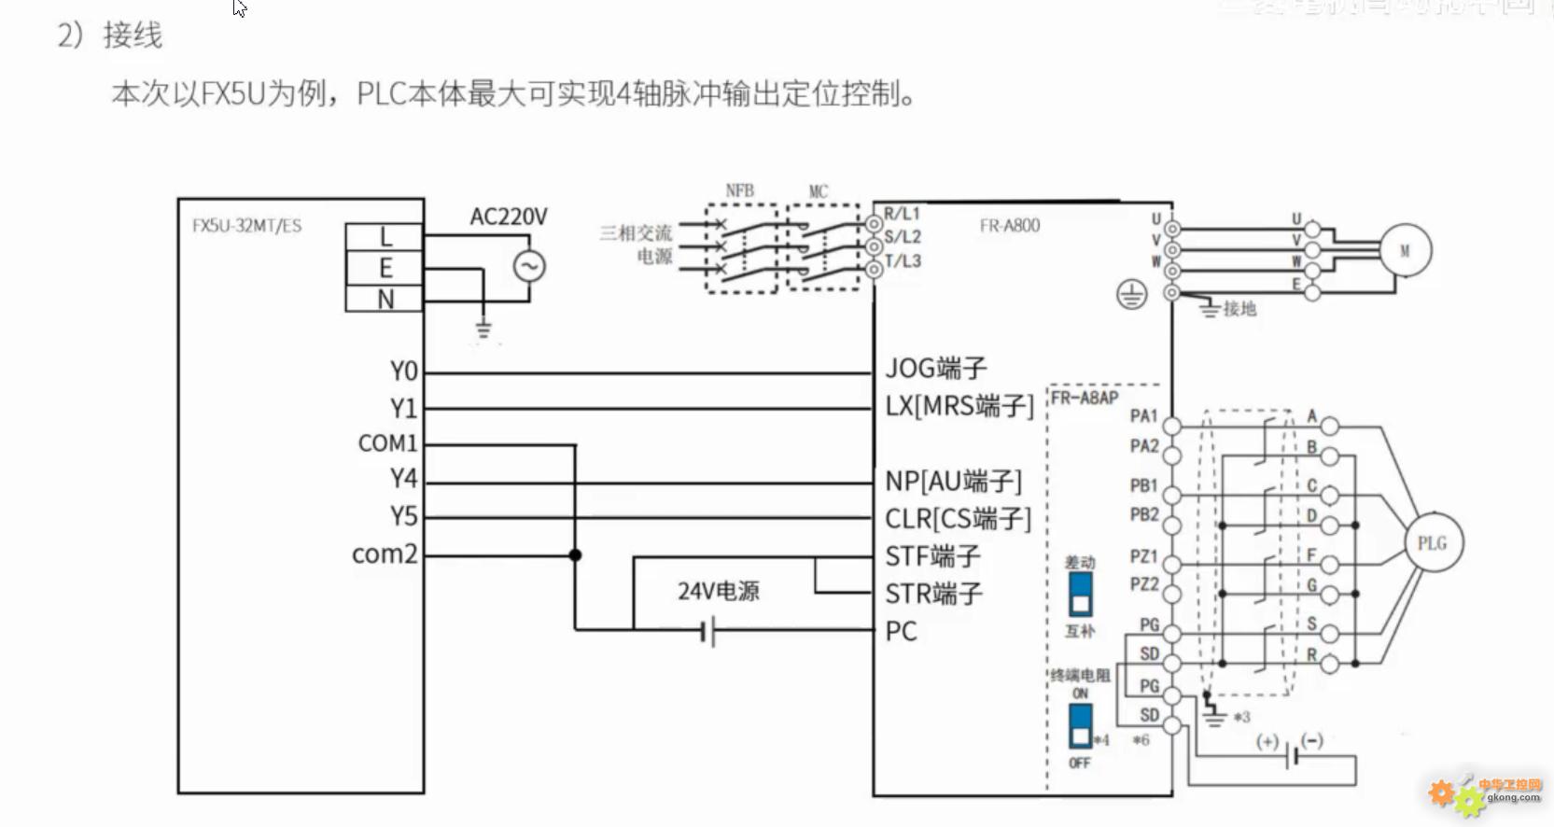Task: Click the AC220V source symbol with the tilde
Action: click(529, 267)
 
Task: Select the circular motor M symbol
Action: click(1404, 251)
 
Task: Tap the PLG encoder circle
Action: click(1433, 543)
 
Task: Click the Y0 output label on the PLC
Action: click(403, 371)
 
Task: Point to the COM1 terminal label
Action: click(387, 443)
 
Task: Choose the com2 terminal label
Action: click(384, 554)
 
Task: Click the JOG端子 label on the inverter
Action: click(935, 369)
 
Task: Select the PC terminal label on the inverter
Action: click(901, 632)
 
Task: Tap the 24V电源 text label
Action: click(718, 591)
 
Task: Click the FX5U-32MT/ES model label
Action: click(246, 226)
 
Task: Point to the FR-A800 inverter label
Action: click(1009, 226)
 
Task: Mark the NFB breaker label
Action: click(739, 191)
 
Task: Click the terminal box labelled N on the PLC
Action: click(385, 300)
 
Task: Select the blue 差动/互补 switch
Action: click(1080, 595)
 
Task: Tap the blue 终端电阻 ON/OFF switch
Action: click(1080, 725)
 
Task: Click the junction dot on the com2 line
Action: click(575, 555)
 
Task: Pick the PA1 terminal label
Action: click(1143, 416)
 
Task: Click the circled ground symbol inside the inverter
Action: click(1131, 296)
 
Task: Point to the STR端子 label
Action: click(933, 595)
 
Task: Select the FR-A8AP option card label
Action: click(1085, 399)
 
